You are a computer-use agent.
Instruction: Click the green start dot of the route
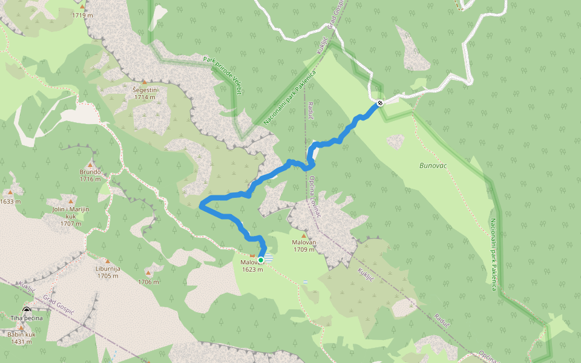click(x=261, y=260)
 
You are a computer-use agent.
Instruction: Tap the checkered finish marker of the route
click(x=379, y=103)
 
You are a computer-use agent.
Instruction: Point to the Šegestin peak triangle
click(x=144, y=82)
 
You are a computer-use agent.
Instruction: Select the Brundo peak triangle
click(x=90, y=165)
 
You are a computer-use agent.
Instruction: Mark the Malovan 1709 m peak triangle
click(x=304, y=236)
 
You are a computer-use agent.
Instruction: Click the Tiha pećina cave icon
click(x=27, y=310)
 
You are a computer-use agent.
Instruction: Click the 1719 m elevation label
click(x=84, y=15)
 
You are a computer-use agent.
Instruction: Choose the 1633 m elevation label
click(x=10, y=201)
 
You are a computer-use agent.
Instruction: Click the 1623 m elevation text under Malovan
click(x=252, y=269)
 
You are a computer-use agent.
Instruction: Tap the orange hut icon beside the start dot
click(x=252, y=256)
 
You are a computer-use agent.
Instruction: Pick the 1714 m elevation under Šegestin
click(x=145, y=97)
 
